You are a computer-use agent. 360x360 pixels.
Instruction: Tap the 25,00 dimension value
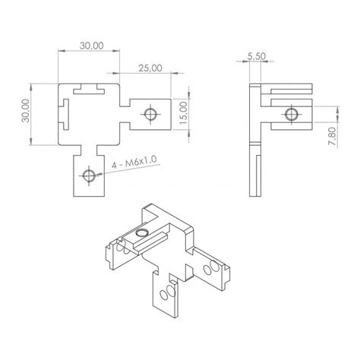(x=149, y=68)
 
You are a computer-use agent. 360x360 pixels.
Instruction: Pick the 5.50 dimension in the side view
(x=257, y=56)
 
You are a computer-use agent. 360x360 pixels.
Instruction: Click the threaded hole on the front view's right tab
(x=150, y=115)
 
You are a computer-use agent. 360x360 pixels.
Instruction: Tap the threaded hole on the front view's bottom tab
(x=90, y=177)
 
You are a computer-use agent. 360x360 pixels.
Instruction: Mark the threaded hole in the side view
(x=290, y=115)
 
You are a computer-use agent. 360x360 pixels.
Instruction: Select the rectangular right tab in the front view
(x=148, y=115)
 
